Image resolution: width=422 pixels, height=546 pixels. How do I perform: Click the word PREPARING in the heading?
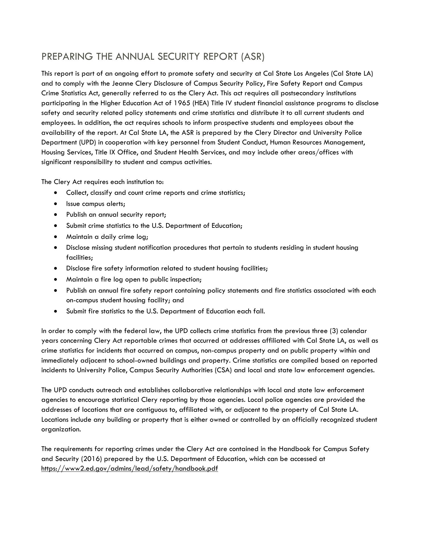coord(67,57)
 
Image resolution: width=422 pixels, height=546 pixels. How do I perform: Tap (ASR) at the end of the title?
coord(253,57)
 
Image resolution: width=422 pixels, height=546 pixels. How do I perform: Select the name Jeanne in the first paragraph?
coord(122,84)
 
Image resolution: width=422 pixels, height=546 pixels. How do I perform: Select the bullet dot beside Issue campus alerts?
coord(55,204)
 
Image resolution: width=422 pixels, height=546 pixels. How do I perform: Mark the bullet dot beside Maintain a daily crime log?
coord(55,237)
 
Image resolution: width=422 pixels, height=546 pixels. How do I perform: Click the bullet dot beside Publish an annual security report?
coord(55,215)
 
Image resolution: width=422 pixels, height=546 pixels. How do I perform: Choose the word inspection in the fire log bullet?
coord(185,280)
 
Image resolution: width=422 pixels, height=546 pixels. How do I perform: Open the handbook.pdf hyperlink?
coord(129,469)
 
